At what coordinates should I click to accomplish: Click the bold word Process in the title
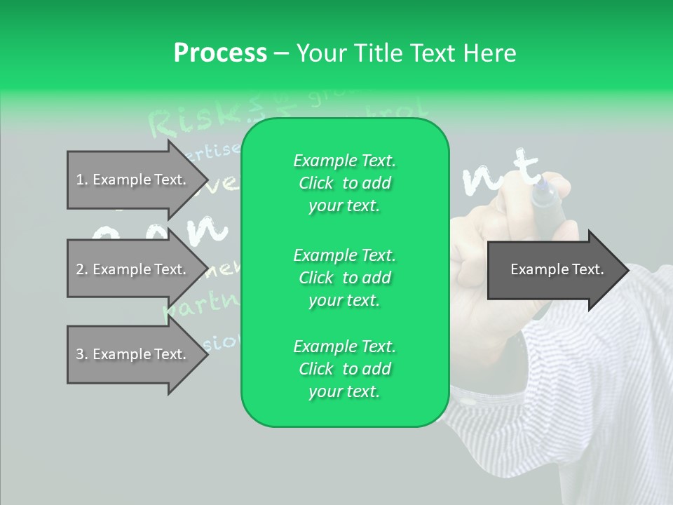pyautogui.click(x=220, y=53)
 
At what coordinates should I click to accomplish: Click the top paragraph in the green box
pyautogui.click(x=344, y=183)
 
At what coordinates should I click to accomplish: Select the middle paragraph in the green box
pyautogui.click(x=344, y=278)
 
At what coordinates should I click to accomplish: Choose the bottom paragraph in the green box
pyautogui.click(x=344, y=369)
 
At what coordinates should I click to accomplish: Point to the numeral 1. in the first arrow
pyautogui.click(x=81, y=180)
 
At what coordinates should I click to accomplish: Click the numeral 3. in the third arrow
pyautogui.click(x=81, y=355)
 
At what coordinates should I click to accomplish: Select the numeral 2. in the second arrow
pyautogui.click(x=81, y=269)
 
